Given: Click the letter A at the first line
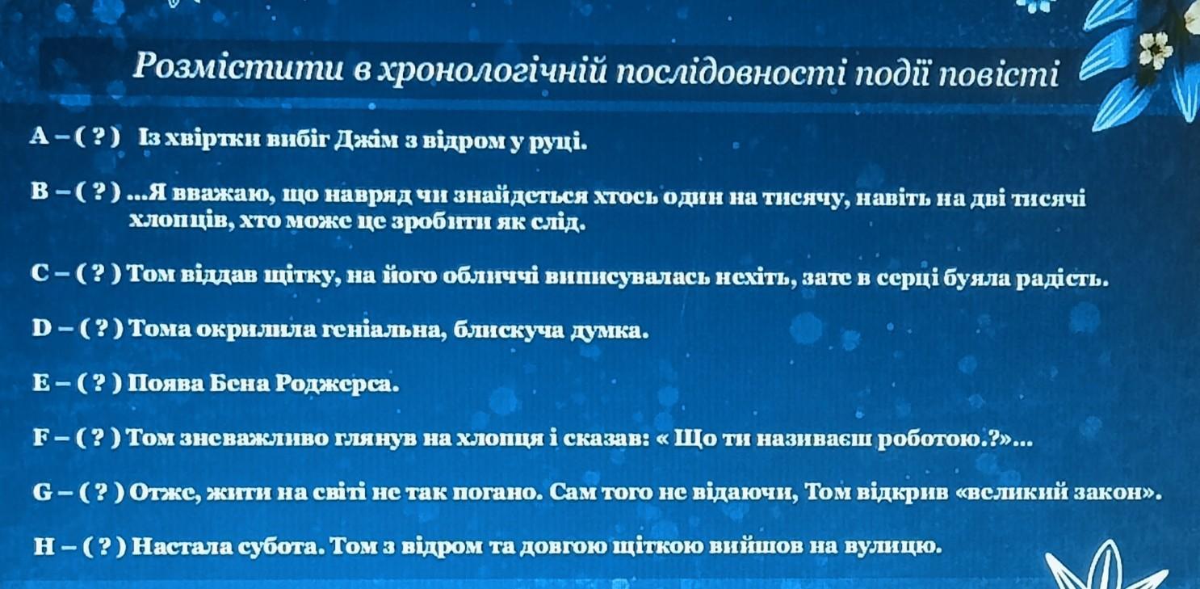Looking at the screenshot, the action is [x=40, y=137].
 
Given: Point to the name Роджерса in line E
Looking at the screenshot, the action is [x=338, y=385].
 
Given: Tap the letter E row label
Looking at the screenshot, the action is [x=41, y=383].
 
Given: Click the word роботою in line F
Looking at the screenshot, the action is [x=933, y=440].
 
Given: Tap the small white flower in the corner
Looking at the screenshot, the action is [x=1155, y=50].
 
